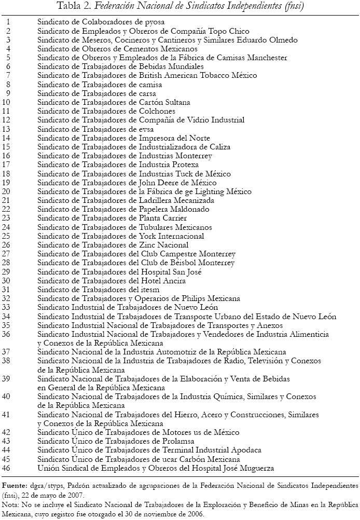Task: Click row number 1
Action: (8, 22)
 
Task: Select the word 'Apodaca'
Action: (244, 449)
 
